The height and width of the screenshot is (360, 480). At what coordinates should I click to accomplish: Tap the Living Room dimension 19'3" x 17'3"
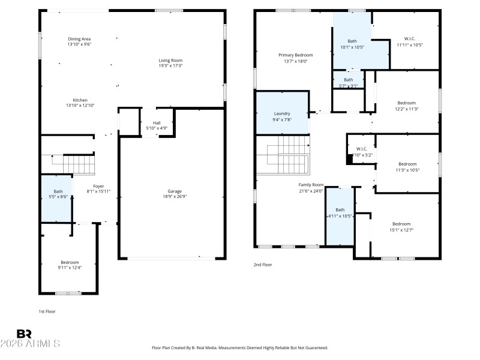pyautogui.click(x=170, y=65)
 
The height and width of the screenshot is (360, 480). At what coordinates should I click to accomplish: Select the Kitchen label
pyautogui.click(x=80, y=100)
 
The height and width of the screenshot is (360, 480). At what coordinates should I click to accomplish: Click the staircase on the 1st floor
pyautogui.click(x=79, y=164)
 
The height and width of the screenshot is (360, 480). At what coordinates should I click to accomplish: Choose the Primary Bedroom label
pyautogui.click(x=295, y=58)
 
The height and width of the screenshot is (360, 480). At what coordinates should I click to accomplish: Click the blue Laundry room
pyautogui.click(x=282, y=116)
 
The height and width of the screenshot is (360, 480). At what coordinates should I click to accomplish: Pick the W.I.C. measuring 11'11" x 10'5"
pyautogui.click(x=410, y=41)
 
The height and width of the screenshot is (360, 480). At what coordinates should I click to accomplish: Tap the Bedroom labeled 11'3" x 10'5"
pyautogui.click(x=407, y=167)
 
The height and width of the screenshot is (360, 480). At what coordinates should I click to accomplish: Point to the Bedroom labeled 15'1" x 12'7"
pyautogui.click(x=401, y=226)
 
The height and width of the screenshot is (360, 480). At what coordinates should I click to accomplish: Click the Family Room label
pyautogui.click(x=311, y=188)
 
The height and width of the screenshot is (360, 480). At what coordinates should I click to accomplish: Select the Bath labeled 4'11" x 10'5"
pyautogui.click(x=340, y=212)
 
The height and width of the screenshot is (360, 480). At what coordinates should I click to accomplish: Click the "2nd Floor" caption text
pyautogui.click(x=263, y=264)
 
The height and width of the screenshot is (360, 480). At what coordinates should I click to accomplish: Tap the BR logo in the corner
pyautogui.click(x=24, y=334)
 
